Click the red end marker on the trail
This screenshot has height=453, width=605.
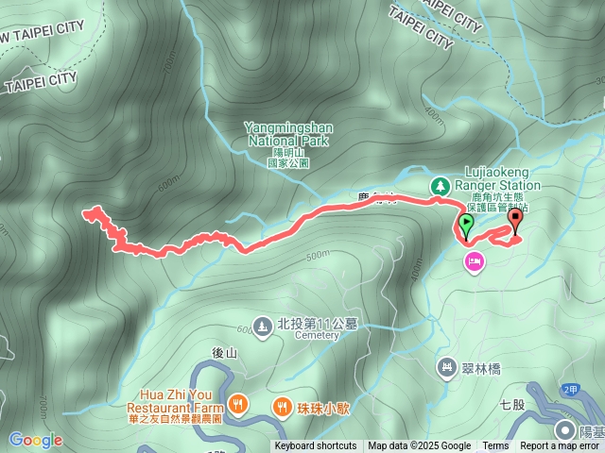(515, 221)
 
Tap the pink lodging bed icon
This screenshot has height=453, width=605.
(474, 260)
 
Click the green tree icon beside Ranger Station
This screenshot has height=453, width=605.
(440, 186)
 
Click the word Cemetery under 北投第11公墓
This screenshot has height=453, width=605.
(316, 335)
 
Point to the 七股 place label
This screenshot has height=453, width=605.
(511, 405)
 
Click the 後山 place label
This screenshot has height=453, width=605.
(224, 352)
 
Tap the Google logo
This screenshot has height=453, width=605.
(36, 440)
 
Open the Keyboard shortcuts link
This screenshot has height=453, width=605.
(316, 446)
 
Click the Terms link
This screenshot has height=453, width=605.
(495, 446)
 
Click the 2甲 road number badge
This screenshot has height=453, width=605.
(569, 389)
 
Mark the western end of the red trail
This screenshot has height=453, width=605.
(87, 213)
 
